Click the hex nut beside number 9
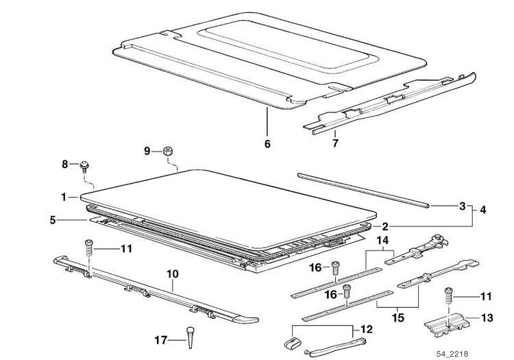(168, 152)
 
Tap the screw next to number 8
(84, 166)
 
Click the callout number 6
(267, 143)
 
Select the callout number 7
(335, 143)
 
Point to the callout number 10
(173, 274)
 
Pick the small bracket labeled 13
(447, 324)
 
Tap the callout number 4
(483, 210)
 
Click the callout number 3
(462, 206)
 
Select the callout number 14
(382, 241)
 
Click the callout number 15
(398, 317)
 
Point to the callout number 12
(367, 329)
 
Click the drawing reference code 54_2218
(452, 354)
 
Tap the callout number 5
(53, 219)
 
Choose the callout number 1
(64, 197)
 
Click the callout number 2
(385, 226)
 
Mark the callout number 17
(160, 340)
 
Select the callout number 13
(487, 317)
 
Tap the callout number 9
(147, 151)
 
